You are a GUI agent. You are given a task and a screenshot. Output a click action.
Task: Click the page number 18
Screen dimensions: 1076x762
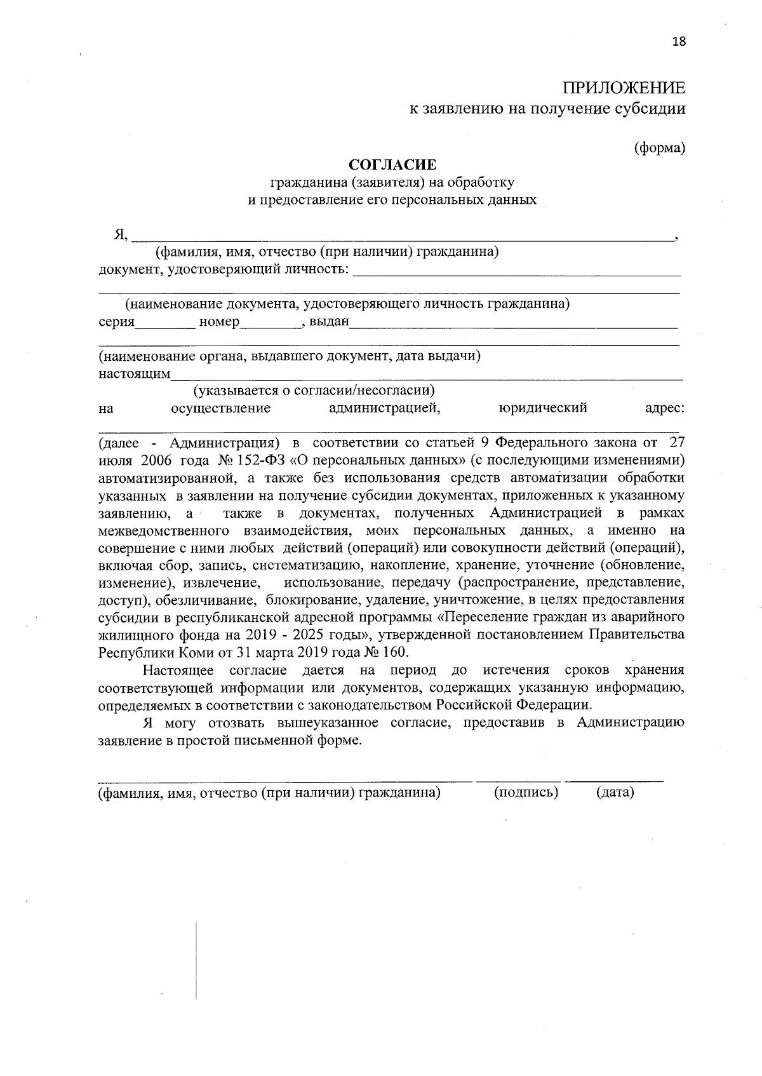pyautogui.click(x=679, y=42)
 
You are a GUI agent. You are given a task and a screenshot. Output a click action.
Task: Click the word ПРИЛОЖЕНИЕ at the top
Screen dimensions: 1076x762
pyautogui.click(x=624, y=88)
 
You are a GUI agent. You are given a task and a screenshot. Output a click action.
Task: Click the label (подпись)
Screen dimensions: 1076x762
pyautogui.click(x=526, y=793)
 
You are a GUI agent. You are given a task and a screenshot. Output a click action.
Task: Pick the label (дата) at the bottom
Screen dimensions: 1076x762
pyautogui.click(x=615, y=793)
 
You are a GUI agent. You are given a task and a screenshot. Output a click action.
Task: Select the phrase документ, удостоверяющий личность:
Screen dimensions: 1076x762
pyautogui.click(x=224, y=270)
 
